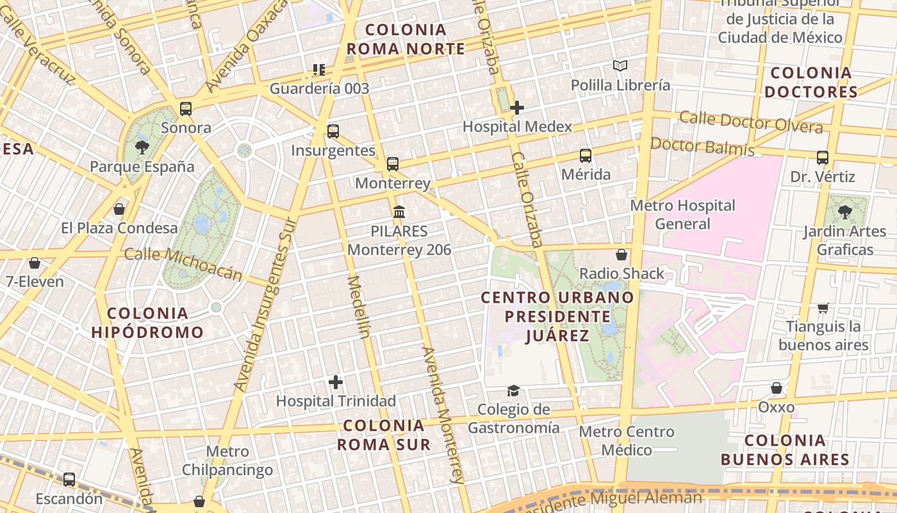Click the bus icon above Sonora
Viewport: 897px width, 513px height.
tap(186, 108)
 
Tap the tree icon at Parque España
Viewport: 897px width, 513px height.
tap(142, 148)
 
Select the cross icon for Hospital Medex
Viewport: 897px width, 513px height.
tap(517, 108)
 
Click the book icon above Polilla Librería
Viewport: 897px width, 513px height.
tap(620, 65)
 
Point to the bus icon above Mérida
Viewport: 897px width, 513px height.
tap(586, 155)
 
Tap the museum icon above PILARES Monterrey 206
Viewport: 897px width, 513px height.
tap(399, 211)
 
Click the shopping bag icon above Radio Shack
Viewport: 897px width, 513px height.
tap(621, 255)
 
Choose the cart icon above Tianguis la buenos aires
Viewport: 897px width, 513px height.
tap(823, 308)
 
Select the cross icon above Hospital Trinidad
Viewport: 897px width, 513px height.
tap(336, 382)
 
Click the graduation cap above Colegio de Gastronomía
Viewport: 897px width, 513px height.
tap(513, 391)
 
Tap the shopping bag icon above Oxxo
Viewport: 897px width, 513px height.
tap(777, 388)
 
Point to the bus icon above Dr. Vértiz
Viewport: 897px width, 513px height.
tap(823, 157)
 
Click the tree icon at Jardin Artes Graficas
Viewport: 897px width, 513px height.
tap(844, 212)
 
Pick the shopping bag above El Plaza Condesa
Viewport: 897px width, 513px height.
tap(119, 209)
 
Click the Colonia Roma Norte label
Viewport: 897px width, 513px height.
tap(406, 39)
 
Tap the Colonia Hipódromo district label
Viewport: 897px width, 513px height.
tap(147, 323)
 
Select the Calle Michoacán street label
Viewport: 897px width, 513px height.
tap(183, 264)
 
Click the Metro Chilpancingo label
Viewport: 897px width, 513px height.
tap(227, 460)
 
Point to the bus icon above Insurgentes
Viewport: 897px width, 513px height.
tap(333, 131)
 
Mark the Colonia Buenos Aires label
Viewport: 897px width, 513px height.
tap(785, 450)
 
